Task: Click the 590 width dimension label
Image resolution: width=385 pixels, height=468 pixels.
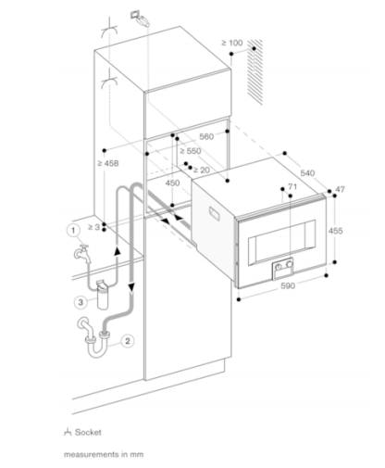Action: point(288,286)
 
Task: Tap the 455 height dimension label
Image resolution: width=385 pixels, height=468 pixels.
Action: point(335,231)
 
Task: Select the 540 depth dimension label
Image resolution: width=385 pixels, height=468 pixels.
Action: point(307,173)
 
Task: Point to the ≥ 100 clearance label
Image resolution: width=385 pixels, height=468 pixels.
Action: point(232,43)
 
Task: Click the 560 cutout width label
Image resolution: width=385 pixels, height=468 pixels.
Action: point(206,136)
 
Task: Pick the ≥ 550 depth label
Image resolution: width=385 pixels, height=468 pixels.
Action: point(191,151)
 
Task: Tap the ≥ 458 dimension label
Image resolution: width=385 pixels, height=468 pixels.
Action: point(108,163)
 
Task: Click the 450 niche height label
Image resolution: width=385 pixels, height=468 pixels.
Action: point(172,183)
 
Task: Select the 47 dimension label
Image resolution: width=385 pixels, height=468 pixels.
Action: point(340,189)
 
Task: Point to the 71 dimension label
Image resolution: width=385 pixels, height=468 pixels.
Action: point(292,186)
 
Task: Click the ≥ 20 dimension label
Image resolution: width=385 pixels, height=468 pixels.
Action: point(201,170)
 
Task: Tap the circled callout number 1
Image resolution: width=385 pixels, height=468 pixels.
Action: point(73,230)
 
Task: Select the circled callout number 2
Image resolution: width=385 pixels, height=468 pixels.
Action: point(128,341)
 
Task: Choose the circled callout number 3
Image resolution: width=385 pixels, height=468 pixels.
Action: point(81,302)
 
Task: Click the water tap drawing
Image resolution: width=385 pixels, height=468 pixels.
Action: point(82,253)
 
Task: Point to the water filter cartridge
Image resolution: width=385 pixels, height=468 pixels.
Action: point(102,295)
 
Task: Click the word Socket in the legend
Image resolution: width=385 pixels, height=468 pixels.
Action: point(88,432)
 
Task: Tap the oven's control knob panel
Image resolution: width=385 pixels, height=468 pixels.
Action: point(282,268)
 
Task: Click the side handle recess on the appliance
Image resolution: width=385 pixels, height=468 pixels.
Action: point(215,214)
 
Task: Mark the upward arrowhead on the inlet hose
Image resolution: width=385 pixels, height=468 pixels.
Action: point(117,250)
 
